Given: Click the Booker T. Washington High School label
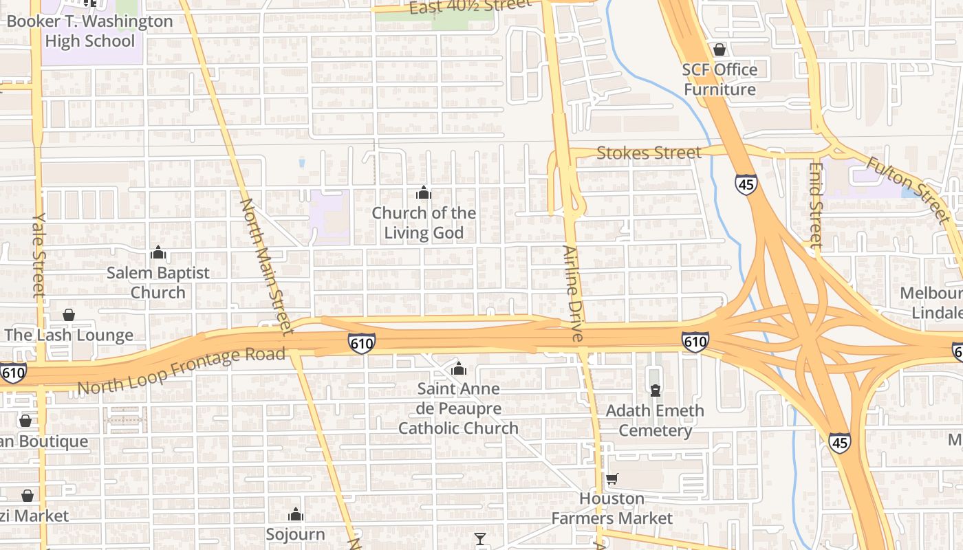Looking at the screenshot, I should click(89, 31).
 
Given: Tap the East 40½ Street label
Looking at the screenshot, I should click(470, 6).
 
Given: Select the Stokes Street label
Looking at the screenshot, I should click(649, 152).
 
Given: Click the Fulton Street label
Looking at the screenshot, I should click(907, 188).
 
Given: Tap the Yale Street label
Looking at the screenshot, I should click(38, 254).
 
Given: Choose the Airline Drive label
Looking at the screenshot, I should click(572, 294).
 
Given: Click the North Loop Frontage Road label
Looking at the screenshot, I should click(181, 371).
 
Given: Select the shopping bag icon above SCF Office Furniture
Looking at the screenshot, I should click(719, 49).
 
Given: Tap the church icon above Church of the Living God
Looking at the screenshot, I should click(424, 192).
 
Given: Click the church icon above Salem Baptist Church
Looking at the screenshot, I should click(158, 253).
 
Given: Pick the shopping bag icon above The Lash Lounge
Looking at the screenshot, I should click(69, 315).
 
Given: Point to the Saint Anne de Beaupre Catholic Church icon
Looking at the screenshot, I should click(459, 369).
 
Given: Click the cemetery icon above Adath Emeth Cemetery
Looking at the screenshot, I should click(656, 390).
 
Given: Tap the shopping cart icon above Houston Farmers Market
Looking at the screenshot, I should click(612, 478).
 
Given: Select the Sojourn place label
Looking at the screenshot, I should click(296, 533).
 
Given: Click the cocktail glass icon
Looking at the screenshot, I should click(480, 538).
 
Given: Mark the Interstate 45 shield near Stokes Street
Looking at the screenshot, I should click(746, 184).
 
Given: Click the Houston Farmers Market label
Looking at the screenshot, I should click(612, 508).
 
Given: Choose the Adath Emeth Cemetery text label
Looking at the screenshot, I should click(655, 421).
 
